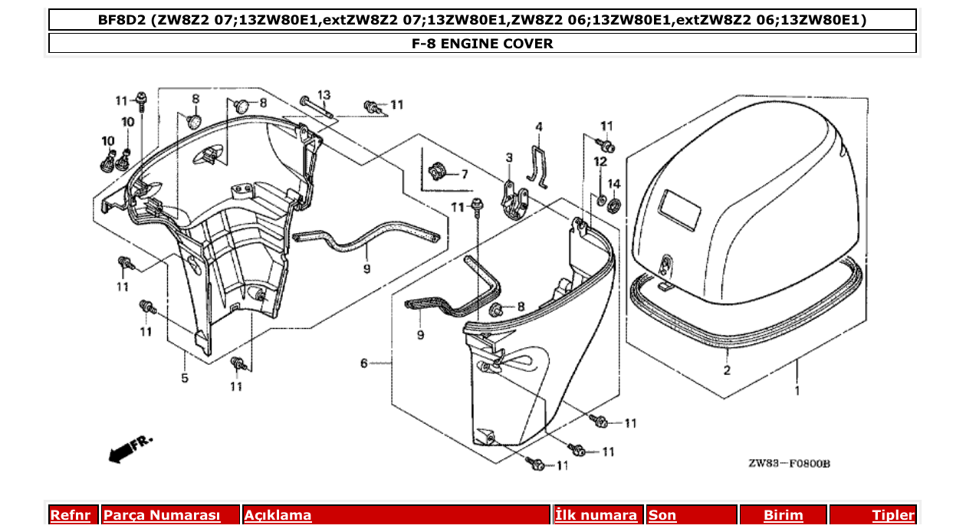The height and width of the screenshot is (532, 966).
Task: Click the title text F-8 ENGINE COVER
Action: [482, 44]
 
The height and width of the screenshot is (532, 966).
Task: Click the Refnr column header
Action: [70, 515]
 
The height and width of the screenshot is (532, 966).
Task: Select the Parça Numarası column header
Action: [162, 515]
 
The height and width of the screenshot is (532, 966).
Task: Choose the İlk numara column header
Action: [596, 515]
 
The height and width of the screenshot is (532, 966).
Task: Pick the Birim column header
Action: [783, 515]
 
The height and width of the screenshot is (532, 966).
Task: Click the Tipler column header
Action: [893, 515]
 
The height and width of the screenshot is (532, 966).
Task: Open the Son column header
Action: [662, 515]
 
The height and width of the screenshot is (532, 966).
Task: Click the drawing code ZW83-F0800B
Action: [790, 464]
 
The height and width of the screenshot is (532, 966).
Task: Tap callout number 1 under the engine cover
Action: [797, 391]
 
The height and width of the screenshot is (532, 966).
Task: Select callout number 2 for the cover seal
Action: [726, 371]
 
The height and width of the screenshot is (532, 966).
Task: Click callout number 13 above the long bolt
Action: [324, 95]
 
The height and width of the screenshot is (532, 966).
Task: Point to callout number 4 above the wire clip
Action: [539, 126]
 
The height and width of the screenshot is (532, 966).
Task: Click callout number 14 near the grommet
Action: [613, 184]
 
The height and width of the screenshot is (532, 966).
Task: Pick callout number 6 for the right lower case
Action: [365, 363]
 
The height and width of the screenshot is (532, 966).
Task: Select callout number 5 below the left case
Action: [185, 377]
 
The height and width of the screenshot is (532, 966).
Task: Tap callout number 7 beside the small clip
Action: [464, 175]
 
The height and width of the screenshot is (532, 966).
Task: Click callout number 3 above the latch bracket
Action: [508, 158]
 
